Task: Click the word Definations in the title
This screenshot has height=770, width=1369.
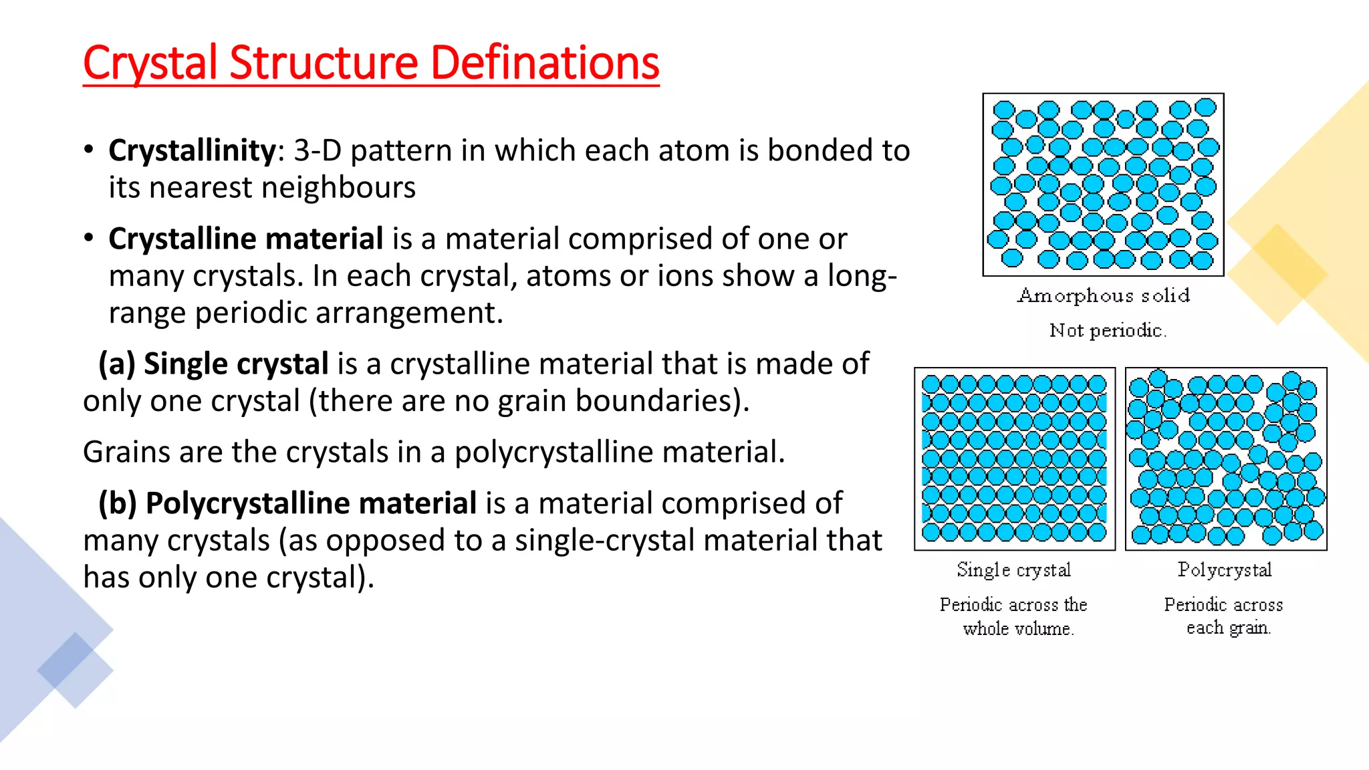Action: [x=545, y=63]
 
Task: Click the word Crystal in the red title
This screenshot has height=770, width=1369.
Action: [x=150, y=63]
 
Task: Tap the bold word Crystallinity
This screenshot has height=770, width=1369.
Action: [x=192, y=150]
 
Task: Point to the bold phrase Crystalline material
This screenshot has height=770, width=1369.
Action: [x=245, y=239]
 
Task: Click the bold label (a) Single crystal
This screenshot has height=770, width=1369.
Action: [x=213, y=364]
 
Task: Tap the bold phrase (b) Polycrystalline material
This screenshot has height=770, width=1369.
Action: [x=287, y=503]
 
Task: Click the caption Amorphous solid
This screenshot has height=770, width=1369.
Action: [x=1104, y=295]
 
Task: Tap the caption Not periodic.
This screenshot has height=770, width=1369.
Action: [x=1108, y=330]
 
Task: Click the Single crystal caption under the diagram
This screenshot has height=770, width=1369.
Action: [x=1014, y=570]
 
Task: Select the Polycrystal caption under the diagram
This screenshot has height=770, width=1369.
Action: [x=1225, y=570]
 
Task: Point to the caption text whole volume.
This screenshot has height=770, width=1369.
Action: [x=1018, y=629]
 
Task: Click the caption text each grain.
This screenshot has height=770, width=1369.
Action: [x=1228, y=628]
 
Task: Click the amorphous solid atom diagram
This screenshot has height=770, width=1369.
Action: [x=1103, y=184]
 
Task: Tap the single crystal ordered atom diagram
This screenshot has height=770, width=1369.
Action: [x=1015, y=459]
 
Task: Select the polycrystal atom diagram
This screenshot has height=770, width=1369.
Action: [x=1226, y=459]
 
